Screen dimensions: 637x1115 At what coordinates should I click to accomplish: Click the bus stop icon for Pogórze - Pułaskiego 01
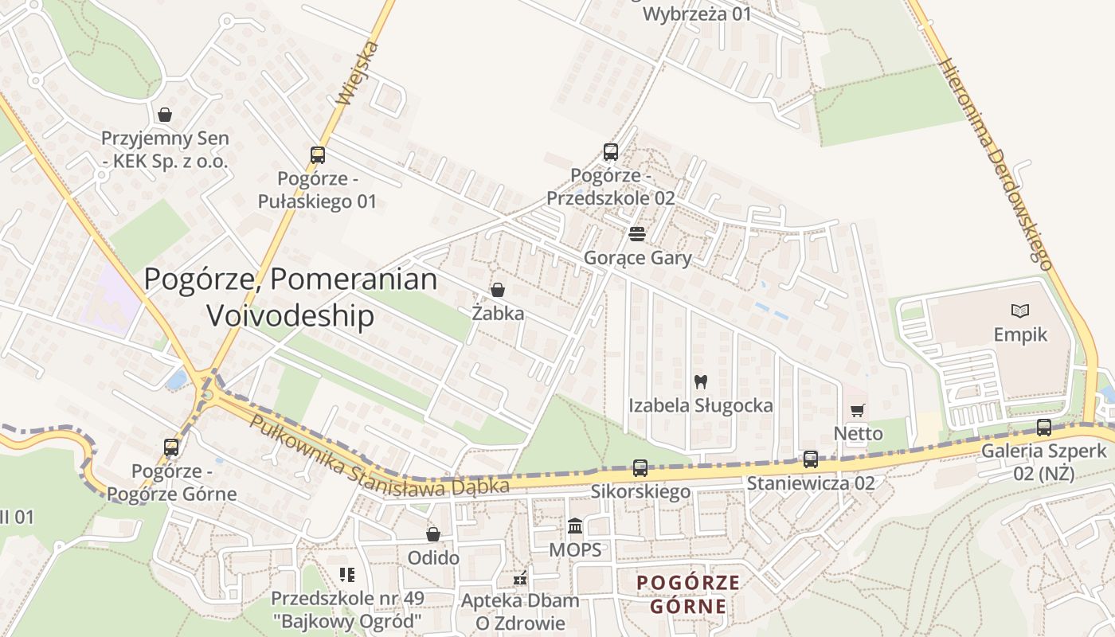coord(318,155)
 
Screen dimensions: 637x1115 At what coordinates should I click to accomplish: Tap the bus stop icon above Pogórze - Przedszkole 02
coord(611,151)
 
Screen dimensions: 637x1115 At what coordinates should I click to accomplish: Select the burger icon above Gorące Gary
coord(637,234)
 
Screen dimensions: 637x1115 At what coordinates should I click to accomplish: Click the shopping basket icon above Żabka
coord(498,290)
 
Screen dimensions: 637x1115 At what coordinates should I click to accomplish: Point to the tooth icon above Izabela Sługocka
coord(701,381)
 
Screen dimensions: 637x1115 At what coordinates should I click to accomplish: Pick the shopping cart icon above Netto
coord(858,410)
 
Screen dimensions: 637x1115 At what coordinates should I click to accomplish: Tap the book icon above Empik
coord(1020,311)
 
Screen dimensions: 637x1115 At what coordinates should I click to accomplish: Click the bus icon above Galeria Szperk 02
coord(1044,428)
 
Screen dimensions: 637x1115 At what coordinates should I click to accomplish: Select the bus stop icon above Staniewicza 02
coord(811,459)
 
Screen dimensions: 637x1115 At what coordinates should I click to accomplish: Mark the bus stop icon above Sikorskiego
coord(640,468)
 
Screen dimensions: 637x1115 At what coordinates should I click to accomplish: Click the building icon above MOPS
coord(575,526)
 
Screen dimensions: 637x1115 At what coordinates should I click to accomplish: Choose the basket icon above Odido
coord(433,533)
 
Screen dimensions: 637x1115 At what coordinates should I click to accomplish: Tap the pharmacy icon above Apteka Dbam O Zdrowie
coord(520,578)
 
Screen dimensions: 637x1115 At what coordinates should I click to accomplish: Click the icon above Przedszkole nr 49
coord(346,574)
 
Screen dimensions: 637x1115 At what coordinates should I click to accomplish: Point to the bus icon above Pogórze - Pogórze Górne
coord(171,447)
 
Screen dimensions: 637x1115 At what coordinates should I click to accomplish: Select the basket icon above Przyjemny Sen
coord(165,115)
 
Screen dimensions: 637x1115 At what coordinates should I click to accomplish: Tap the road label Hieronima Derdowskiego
coord(996,163)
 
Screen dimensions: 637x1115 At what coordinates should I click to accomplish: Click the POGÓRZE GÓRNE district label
coord(688,595)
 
